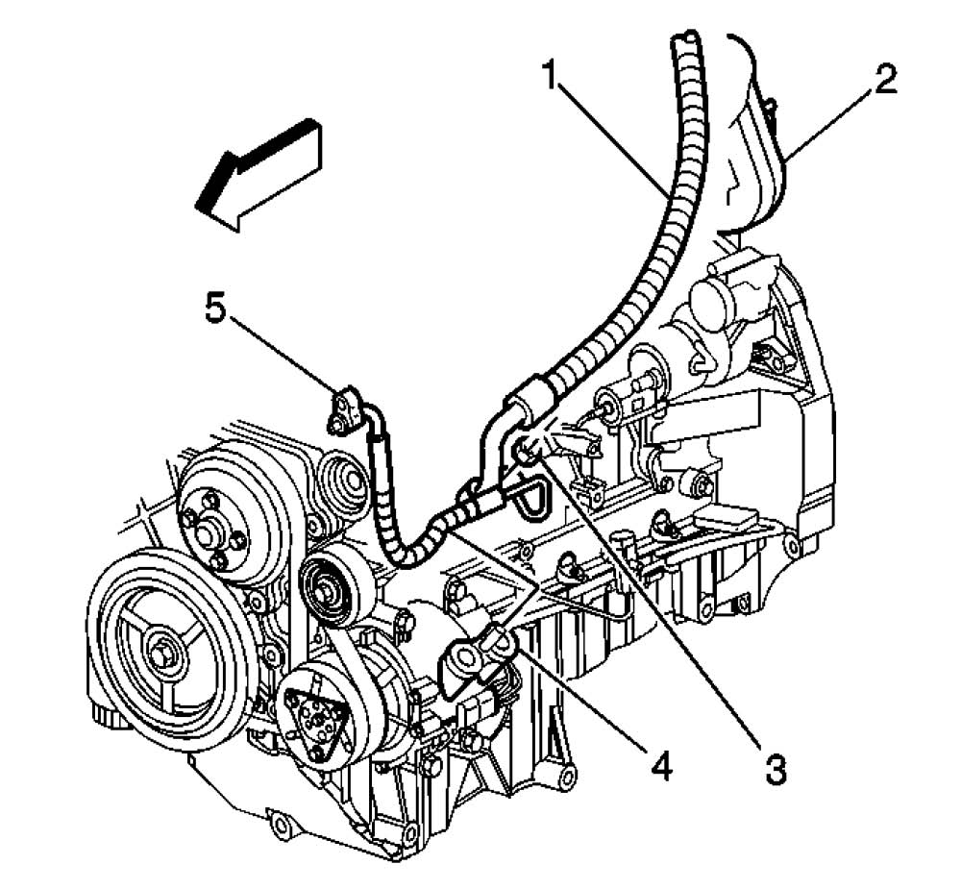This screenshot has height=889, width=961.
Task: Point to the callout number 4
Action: point(659,765)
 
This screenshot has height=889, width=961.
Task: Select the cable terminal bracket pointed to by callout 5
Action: point(344,409)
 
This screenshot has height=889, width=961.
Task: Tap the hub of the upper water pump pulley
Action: point(208,529)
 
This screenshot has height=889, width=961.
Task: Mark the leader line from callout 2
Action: point(826,125)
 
